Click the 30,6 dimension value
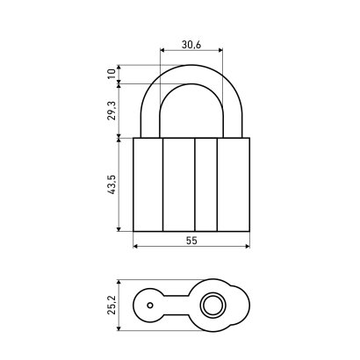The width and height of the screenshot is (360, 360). pos(191,45)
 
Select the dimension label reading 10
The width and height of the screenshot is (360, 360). pos(112,74)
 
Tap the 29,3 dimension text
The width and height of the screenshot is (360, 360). pos(112,111)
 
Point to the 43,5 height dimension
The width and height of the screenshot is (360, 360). pos(112,184)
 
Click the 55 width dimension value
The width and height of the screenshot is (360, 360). pos(191,241)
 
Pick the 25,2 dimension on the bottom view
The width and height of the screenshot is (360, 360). pos(112,305)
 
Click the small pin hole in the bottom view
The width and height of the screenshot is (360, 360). pos(150,306)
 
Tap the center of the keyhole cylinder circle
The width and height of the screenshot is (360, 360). pos(213,306)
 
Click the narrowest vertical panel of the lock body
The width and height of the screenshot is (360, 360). pos(206,184)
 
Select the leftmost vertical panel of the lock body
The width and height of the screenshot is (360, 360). pos(148,184)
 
